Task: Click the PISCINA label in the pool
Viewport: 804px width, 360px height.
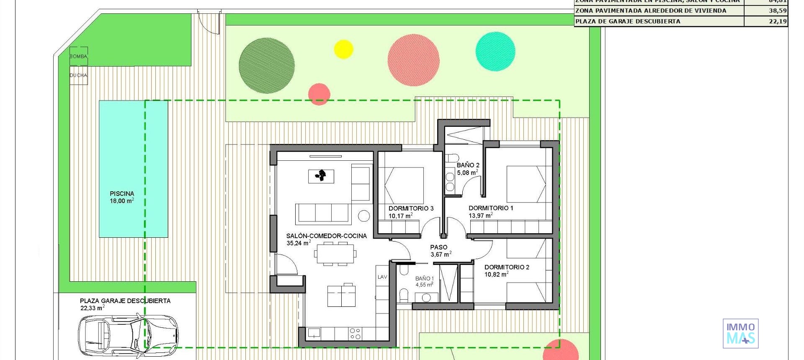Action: coord(122,194)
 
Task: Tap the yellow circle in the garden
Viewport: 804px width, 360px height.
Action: coord(343,49)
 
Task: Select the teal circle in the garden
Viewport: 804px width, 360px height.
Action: coord(495,51)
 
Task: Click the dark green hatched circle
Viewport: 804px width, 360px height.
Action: coord(266,65)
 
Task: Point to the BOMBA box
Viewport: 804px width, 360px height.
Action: coord(78,56)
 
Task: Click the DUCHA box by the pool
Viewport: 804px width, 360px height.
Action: coord(78,75)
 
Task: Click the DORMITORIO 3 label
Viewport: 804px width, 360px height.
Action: coord(411,208)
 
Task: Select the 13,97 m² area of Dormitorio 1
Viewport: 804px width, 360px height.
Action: coord(480,216)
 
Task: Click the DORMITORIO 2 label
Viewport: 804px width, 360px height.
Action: coord(507,267)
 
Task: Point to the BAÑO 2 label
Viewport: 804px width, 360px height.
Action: coord(468,165)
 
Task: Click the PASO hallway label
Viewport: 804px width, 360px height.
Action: coord(438,247)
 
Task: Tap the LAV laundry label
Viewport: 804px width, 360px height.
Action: coord(382,277)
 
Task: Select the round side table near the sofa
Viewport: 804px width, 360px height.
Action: coord(364,216)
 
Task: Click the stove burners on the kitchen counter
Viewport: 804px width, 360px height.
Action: coord(355,333)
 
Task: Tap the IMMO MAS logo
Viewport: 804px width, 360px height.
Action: coord(740,334)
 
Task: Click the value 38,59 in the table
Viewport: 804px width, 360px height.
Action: coord(777,11)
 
